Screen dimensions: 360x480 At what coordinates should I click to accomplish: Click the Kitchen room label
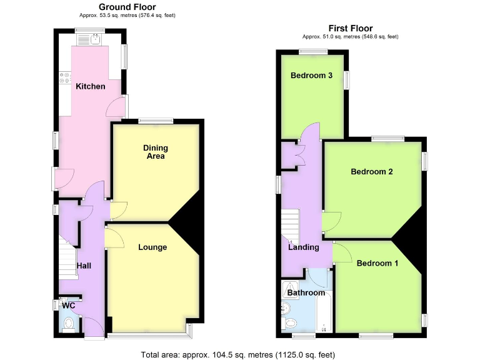click(x=91, y=86)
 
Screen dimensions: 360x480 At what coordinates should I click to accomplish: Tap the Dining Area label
click(x=156, y=152)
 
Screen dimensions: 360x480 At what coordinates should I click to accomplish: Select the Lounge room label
click(x=152, y=247)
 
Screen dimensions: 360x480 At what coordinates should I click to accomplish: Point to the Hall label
click(x=84, y=266)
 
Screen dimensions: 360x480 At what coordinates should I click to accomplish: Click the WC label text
click(x=67, y=306)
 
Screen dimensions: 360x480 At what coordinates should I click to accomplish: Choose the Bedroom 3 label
click(x=311, y=76)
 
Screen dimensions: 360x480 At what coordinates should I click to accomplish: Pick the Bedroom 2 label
click(x=371, y=171)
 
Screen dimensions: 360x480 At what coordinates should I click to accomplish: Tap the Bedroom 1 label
click(x=377, y=264)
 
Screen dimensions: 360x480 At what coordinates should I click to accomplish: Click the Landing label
click(x=304, y=247)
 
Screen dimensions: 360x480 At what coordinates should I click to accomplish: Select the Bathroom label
click(x=306, y=292)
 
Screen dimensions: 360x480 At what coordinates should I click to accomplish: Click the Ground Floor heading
click(x=127, y=7)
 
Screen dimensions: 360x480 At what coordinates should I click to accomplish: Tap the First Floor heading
click(x=351, y=28)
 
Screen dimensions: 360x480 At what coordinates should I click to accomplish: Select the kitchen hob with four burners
click(x=64, y=77)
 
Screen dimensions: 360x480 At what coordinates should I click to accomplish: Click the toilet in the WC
click(x=69, y=323)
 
